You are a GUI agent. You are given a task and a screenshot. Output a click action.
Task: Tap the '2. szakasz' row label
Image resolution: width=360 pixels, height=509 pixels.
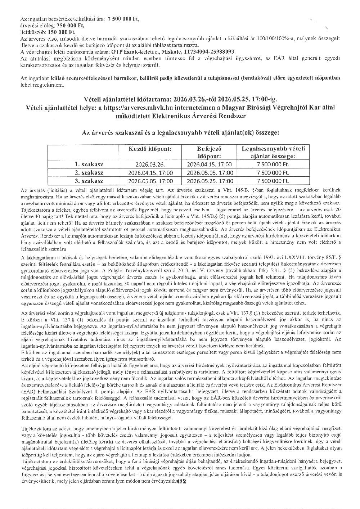[89, 172]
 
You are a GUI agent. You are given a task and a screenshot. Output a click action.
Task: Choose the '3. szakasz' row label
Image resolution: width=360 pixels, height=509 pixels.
[89, 181]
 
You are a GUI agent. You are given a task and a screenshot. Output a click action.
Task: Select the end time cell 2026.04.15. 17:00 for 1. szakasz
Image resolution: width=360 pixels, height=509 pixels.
[210, 164]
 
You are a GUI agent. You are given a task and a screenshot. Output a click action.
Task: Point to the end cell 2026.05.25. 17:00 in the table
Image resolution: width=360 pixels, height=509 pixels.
[210, 181]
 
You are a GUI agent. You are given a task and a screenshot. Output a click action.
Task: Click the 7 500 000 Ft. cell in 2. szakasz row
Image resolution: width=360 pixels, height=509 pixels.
[273, 173]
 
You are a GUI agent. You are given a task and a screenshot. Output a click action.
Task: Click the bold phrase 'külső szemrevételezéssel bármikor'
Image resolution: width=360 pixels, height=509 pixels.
[71, 78]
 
